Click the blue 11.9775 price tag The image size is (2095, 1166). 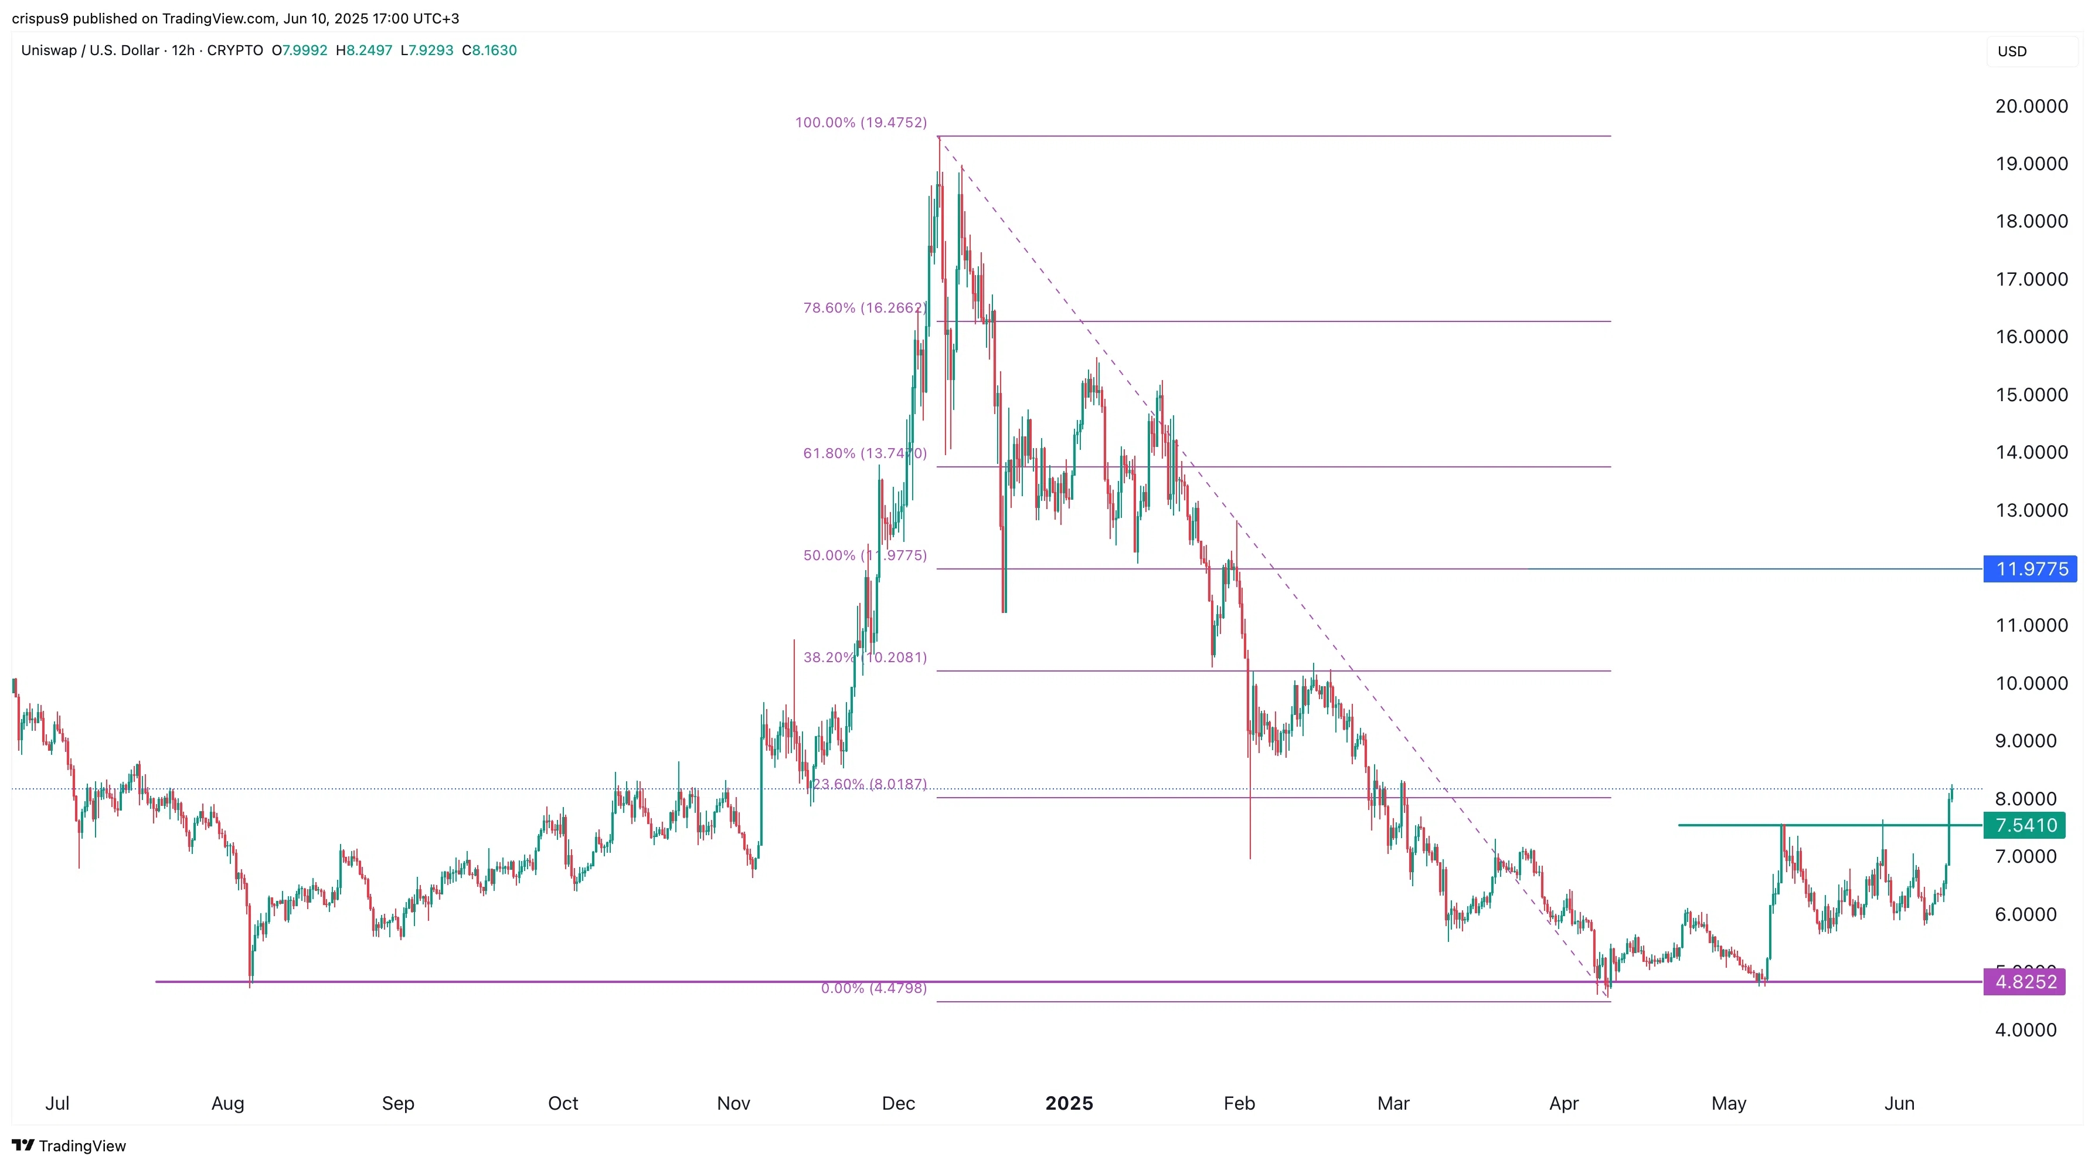click(x=2031, y=569)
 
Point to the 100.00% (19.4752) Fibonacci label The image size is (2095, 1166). click(x=861, y=123)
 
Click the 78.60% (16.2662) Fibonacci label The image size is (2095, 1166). click(x=863, y=307)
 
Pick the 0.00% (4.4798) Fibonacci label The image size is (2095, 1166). click(x=873, y=988)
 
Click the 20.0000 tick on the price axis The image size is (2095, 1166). click(x=2031, y=106)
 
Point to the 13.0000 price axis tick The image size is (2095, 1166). click(x=2031, y=510)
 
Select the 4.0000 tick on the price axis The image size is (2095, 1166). click(x=2025, y=1029)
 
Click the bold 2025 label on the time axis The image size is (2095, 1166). click(x=1069, y=1103)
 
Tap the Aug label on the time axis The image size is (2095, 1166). click(x=227, y=1103)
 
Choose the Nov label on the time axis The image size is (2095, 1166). click(x=733, y=1103)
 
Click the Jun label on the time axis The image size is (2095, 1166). click(x=1899, y=1103)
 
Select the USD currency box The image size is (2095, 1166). click(x=2013, y=51)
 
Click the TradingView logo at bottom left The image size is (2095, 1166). click(x=69, y=1145)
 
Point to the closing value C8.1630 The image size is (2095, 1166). click(x=489, y=50)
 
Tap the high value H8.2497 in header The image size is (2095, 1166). click(x=365, y=50)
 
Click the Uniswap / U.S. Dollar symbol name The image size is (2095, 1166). click(x=90, y=50)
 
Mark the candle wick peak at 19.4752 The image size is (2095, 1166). click(x=939, y=138)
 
